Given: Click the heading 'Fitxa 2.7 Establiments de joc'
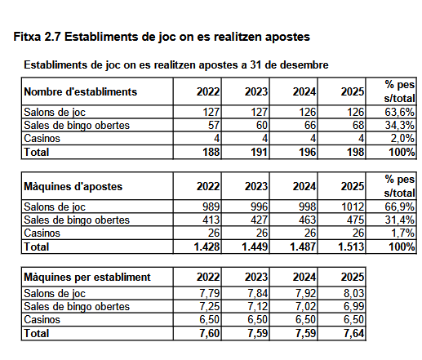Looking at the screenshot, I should point(162,38).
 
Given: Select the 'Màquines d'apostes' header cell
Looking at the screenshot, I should point(74,186).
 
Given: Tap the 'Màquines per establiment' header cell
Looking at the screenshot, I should point(87,277).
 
